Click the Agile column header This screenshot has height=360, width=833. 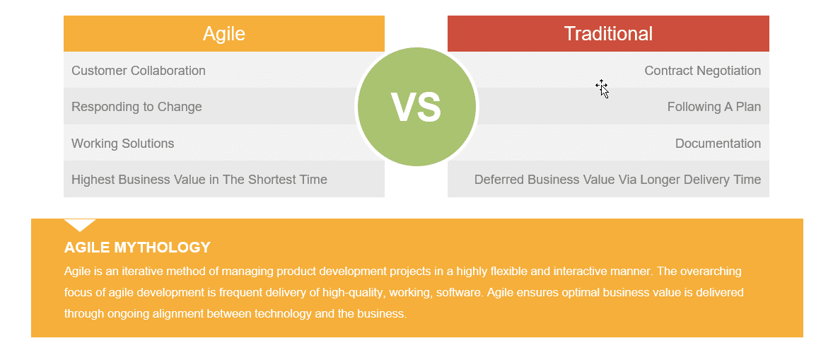click(x=223, y=33)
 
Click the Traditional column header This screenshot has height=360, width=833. click(x=608, y=33)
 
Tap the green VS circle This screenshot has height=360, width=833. click(x=416, y=107)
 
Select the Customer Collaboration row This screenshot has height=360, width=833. click(x=139, y=71)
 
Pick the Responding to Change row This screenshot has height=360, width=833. click(x=136, y=107)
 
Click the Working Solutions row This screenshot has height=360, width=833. click(x=123, y=144)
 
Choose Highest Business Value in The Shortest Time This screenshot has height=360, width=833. click(x=199, y=180)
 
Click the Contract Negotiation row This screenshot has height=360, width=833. click(x=702, y=71)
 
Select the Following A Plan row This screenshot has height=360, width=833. click(x=713, y=107)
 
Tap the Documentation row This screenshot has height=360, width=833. click(x=718, y=144)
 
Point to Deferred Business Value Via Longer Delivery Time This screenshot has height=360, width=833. click(x=617, y=180)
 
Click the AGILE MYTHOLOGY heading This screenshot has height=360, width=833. click(x=137, y=248)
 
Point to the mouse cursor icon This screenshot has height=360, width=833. click(x=602, y=88)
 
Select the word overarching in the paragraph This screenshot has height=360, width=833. click(x=709, y=271)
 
